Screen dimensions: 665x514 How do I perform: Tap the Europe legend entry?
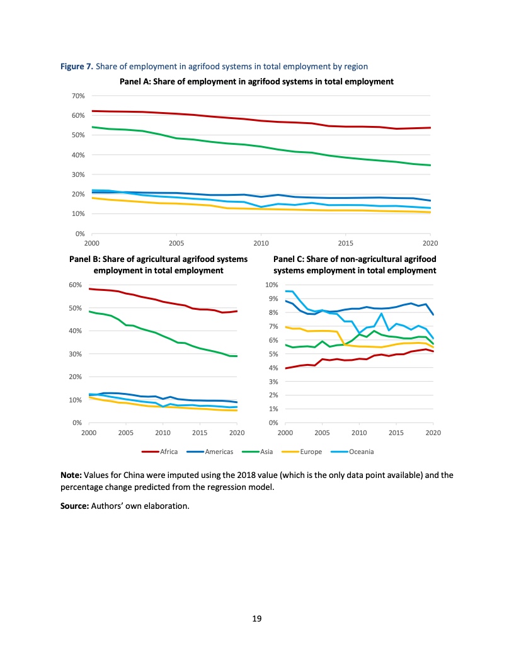311,452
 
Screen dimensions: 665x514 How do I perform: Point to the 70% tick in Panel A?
79,96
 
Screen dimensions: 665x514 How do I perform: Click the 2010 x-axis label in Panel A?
261,242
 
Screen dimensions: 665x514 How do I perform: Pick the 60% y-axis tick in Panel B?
76,285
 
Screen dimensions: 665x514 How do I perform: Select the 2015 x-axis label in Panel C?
396,433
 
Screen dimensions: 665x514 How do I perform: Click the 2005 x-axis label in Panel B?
125,433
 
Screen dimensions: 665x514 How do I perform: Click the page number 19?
256,619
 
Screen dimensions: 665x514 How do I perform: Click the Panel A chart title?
256,81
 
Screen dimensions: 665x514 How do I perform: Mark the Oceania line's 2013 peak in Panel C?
382,314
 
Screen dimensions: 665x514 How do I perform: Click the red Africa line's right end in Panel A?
430,128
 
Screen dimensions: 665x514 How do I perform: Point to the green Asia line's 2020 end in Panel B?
237,356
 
